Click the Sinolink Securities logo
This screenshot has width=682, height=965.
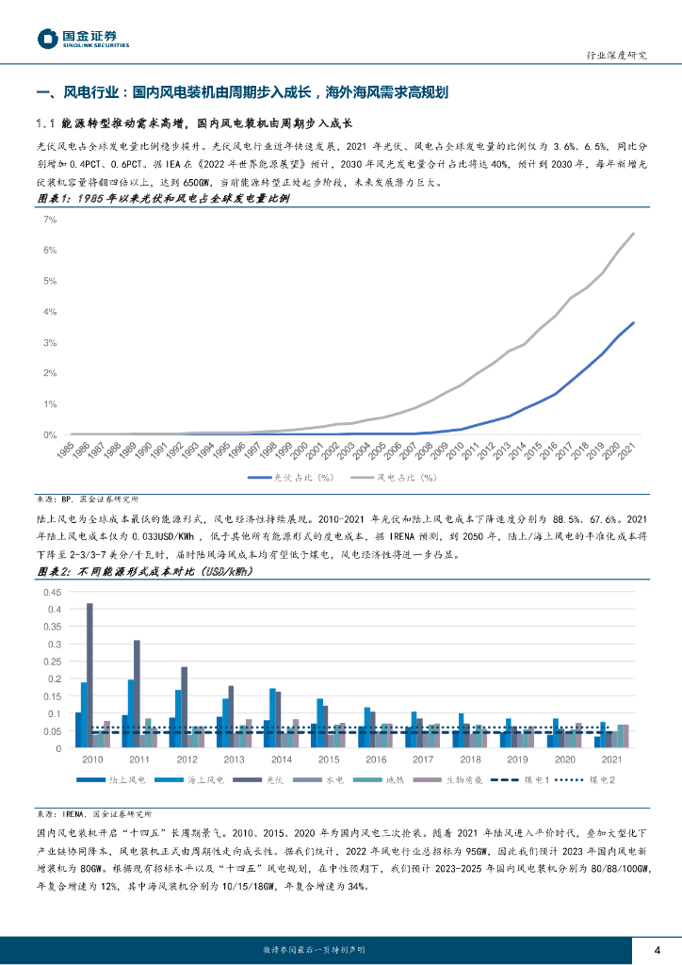[83, 38]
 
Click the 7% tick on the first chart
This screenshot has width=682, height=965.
[51, 220]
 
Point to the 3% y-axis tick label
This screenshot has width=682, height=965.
[51, 342]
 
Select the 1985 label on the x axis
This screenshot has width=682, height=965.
[72, 450]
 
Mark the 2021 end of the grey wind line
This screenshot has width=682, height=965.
[633, 233]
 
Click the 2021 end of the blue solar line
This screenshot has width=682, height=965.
[633, 322]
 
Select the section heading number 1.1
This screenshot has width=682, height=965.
[47, 123]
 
